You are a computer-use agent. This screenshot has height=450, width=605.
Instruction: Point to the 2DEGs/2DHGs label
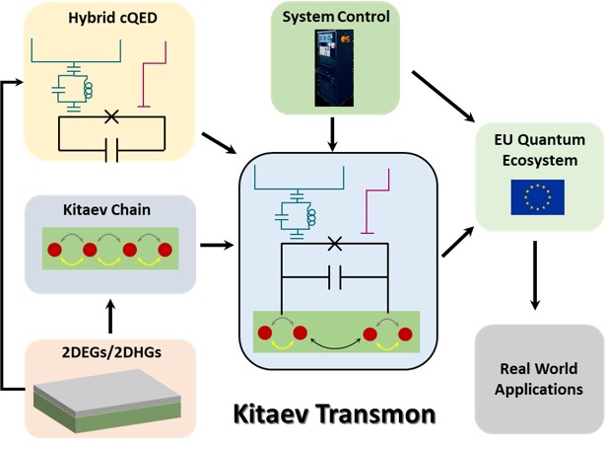click(x=99, y=352)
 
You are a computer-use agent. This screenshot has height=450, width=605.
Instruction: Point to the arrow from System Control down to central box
click(x=334, y=132)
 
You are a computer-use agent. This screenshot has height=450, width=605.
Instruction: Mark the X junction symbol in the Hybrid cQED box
click(x=111, y=117)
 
